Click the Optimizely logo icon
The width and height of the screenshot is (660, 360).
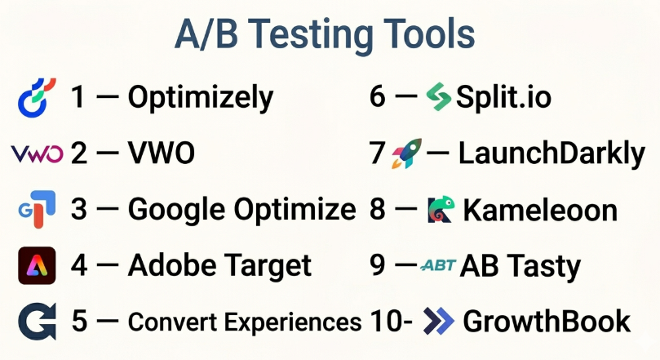pyautogui.click(x=36, y=98)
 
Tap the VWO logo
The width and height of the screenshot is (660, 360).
pyautogui.click(x=37, y=153)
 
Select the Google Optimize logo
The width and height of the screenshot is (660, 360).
pyautogui.click(x=37, y=209)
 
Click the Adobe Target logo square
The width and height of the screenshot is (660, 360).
pyautogui.click(x=37, y=265)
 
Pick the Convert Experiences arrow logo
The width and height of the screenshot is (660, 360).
pyautogui.click(x=37, y=322)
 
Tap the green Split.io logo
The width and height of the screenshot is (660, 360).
pyautogui.click(x=439, y=97)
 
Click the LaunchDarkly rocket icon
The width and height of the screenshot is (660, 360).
pyautogui.click(x=406, y=153)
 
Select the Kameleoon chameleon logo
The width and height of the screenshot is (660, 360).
pyautogui.click(x=441, y=209)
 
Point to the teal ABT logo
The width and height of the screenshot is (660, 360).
pyautogui.click(x=438, y=265)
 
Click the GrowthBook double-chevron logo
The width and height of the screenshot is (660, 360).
pyautogui.click(x=439, y=322)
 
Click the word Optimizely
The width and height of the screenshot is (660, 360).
pyautogui.click(x=201, y=99)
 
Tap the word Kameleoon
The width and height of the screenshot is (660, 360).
pyautogui.click(x=540, y=210)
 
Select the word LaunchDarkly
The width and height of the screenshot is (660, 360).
pyautogui.click(x=551, y=154)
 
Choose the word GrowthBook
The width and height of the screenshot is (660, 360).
pyautogui.click(x=547, y=322)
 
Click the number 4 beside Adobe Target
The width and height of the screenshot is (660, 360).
pyautogui.click(x=79, y=265)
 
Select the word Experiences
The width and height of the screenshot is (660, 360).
pyautogui.click(x=293, y=322)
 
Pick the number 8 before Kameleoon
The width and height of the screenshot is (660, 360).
pyautogui.click(x=377, y=209)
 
